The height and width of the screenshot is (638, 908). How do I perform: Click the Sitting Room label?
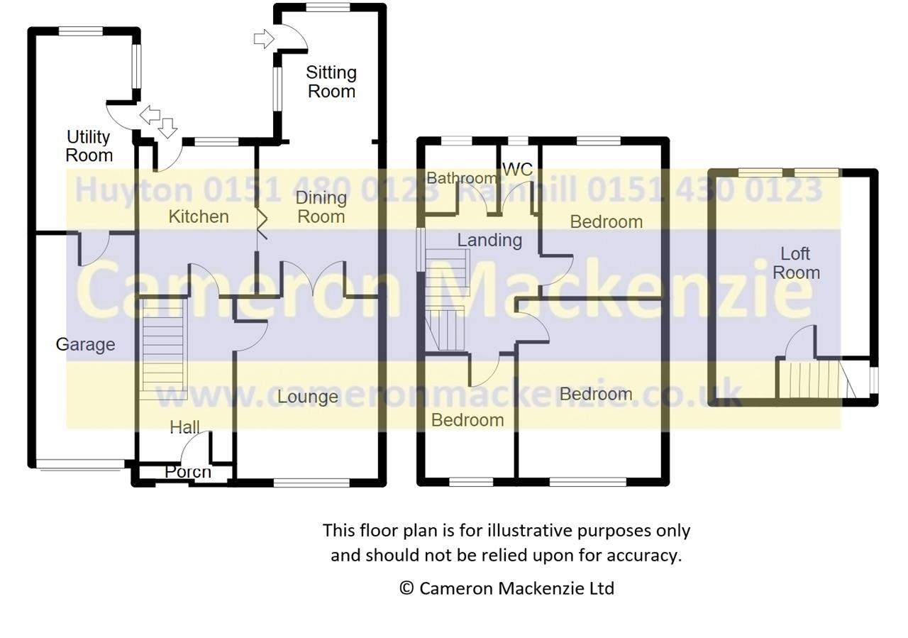(331, 82)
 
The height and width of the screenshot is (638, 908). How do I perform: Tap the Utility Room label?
(89, 146)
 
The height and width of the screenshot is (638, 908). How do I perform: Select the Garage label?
(85, 345)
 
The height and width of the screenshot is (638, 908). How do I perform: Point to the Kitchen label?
(199, 216)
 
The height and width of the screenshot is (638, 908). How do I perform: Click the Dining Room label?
(321, 207)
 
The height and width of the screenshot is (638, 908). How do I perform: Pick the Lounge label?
(307, 397)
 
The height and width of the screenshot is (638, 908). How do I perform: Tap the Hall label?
(184, 427)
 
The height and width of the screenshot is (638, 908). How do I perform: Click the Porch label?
(188, 471)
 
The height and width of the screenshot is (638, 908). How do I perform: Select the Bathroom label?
(462, 178)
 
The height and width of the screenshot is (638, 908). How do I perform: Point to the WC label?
(517, 170)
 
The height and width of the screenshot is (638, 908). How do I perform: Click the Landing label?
(489, 241)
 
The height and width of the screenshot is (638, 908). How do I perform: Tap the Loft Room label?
(796, 263)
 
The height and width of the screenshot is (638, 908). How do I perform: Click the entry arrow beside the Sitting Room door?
(262, 38)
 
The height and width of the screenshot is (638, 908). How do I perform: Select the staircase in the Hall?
(163, 348)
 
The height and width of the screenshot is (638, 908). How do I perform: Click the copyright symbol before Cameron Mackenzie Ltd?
(406, 588)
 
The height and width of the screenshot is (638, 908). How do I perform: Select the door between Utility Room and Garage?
(93, 248)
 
